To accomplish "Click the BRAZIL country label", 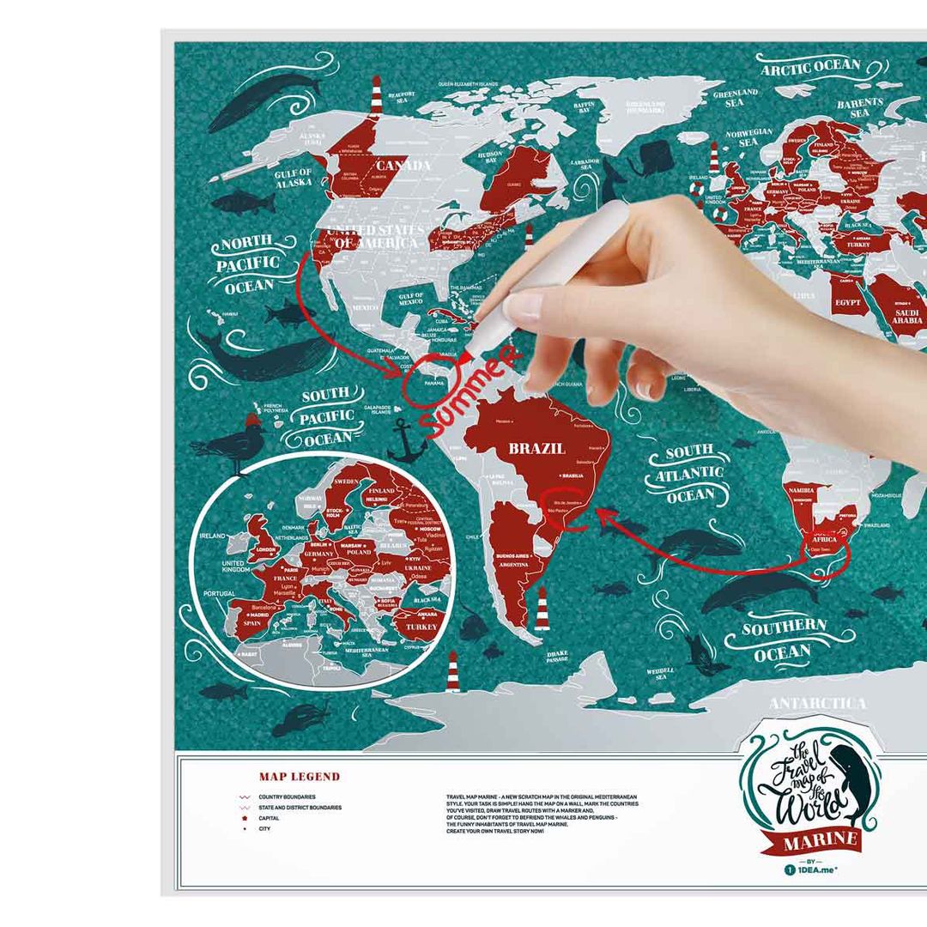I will pos(536,448).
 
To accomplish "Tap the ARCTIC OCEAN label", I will pos(810,67).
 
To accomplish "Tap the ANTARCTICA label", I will pos(817,704).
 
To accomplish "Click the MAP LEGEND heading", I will pos(300,777).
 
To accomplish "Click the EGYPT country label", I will pos(847,302).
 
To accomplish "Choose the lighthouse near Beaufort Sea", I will pos(376,95).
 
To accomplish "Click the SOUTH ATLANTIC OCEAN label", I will pos(690,473).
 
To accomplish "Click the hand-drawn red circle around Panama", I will pos(427,385).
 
